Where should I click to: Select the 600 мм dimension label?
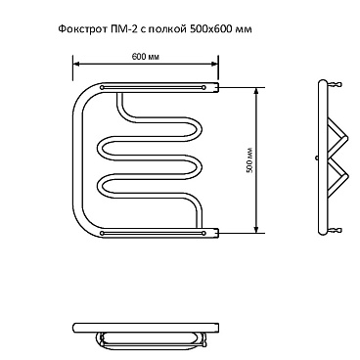point(145,57)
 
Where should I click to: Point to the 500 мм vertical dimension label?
point(250,160)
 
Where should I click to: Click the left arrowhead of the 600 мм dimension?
point(75,65)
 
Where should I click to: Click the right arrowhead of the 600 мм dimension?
point(215,65)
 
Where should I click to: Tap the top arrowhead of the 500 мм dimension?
point(257,91)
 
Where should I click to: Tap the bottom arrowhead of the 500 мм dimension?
point(257,230)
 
